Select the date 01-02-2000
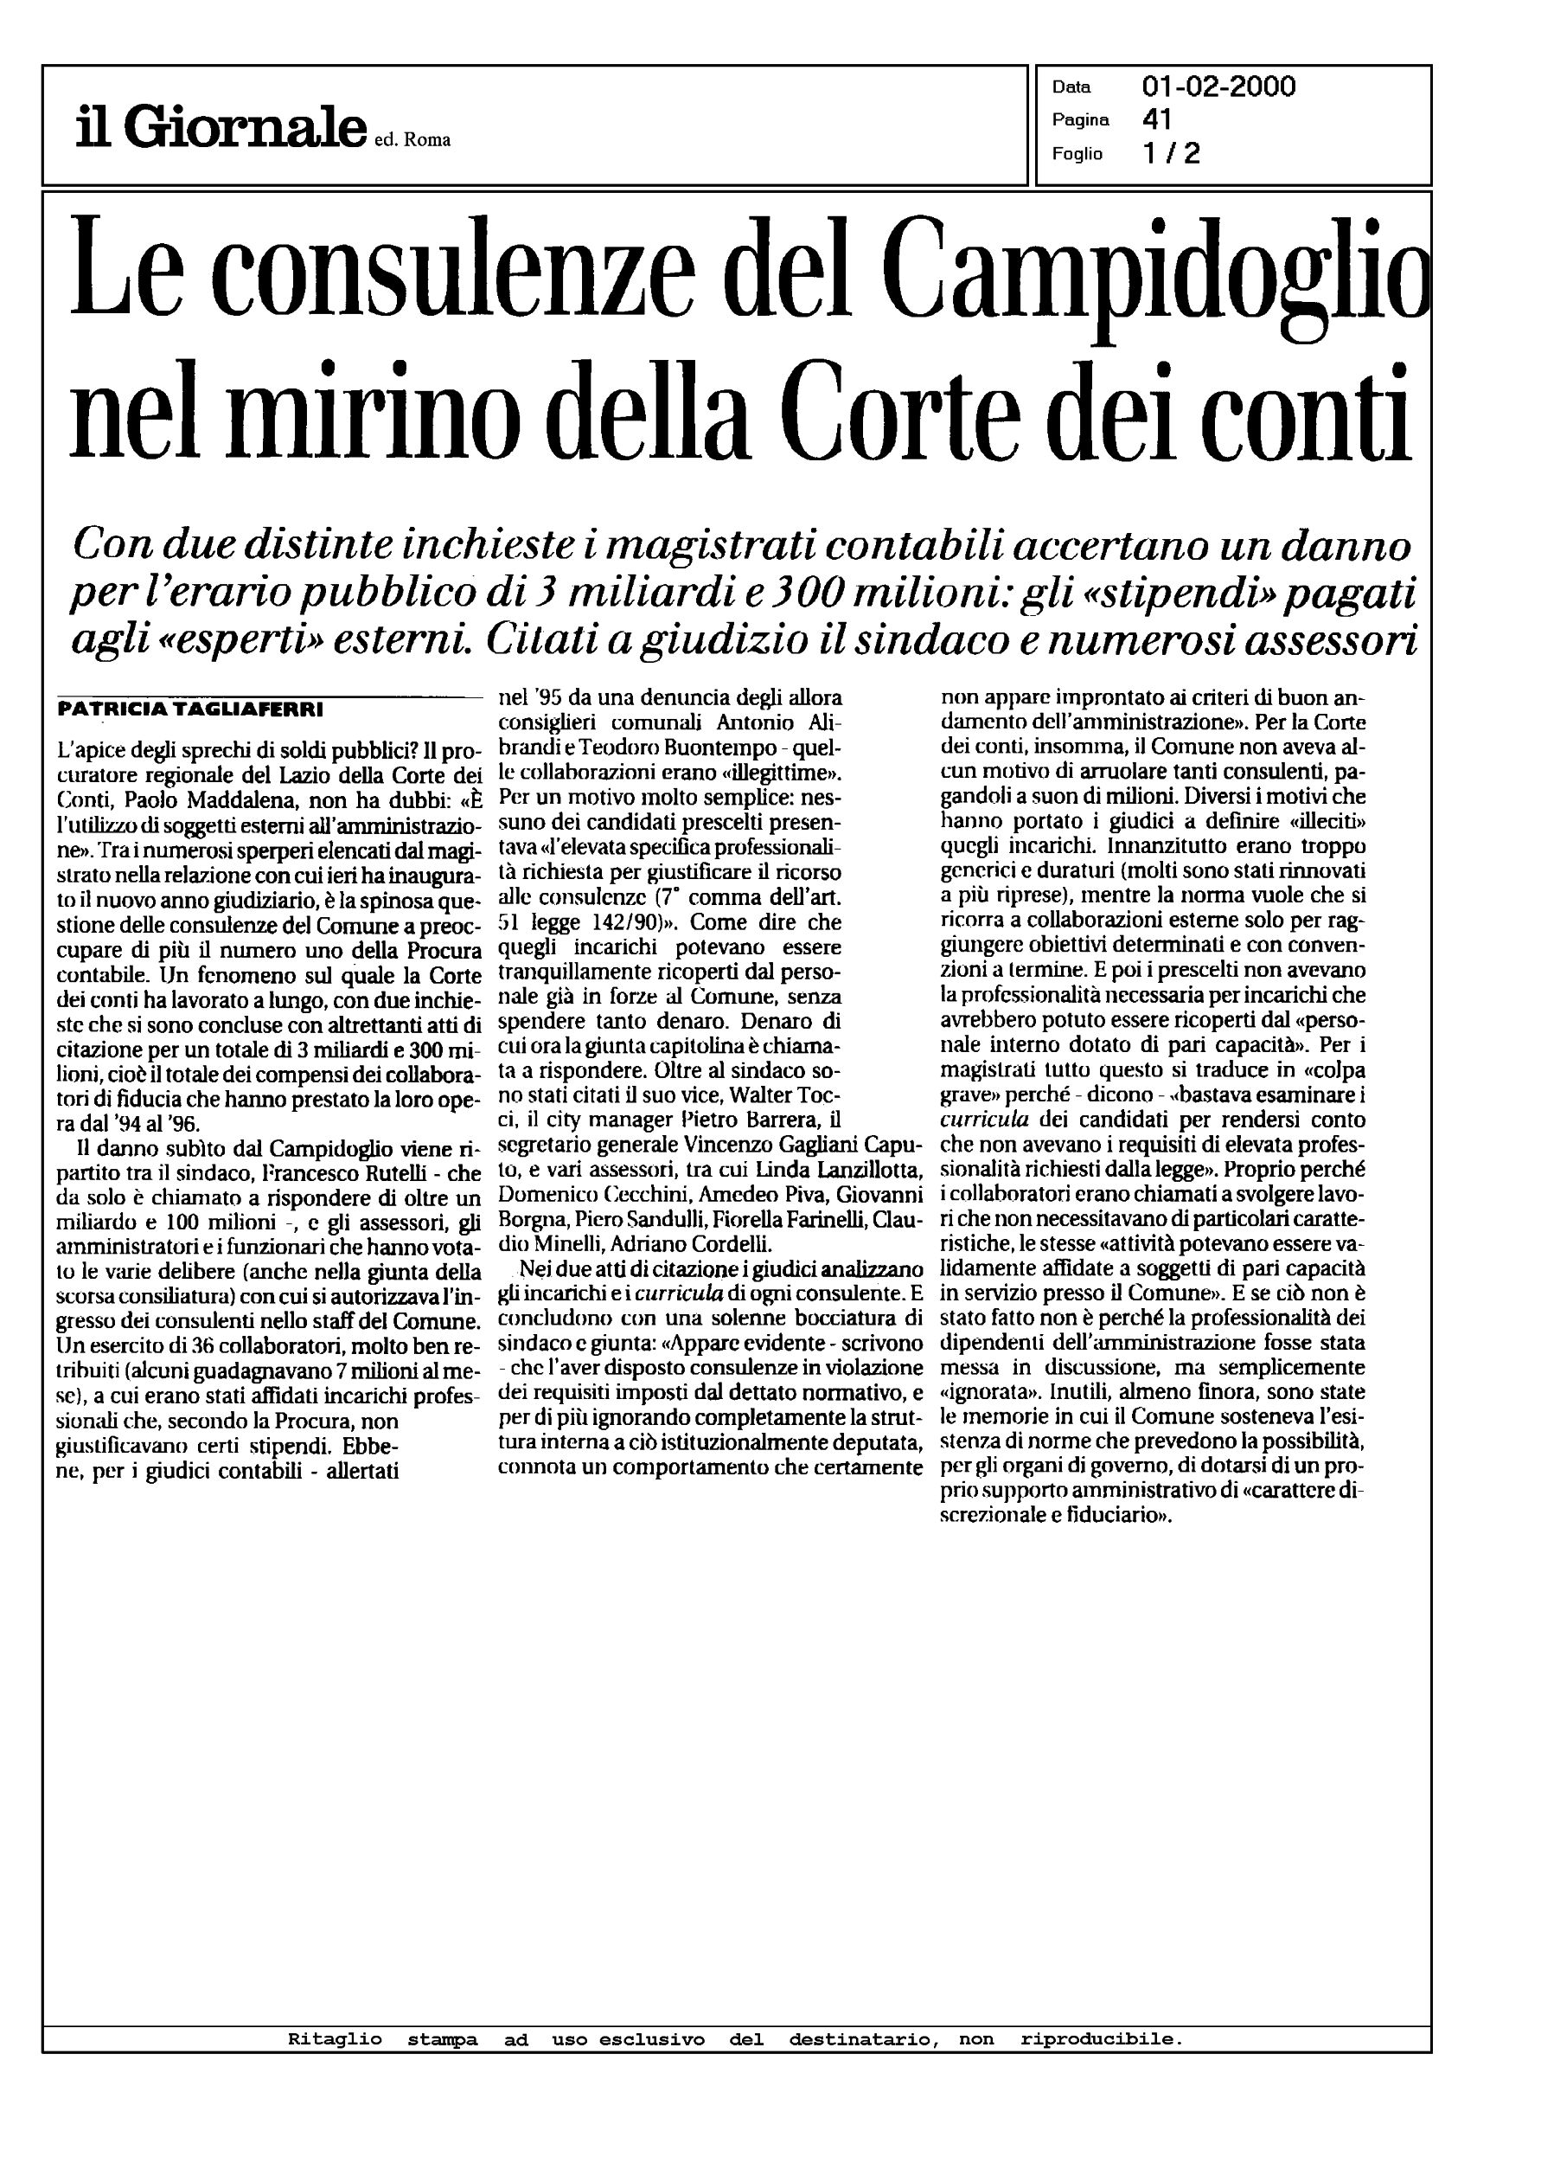[x=1218, y=87]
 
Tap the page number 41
[x=1158, y=119]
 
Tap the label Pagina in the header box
[x=1080, y=120]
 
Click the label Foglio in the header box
[x=1077, y=154]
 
